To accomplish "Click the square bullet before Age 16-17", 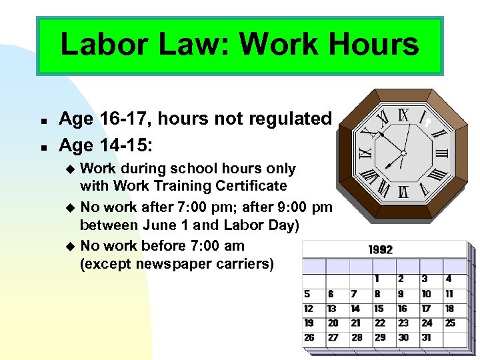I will click(x=42, y=121).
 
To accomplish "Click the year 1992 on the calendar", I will click(x=381, y=250).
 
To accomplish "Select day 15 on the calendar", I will click(x=379, y=308).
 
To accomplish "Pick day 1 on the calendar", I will click(x=377, y=279).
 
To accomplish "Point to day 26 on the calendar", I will click(x=309, y=337).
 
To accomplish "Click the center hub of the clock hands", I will click(x=403, y=154).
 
